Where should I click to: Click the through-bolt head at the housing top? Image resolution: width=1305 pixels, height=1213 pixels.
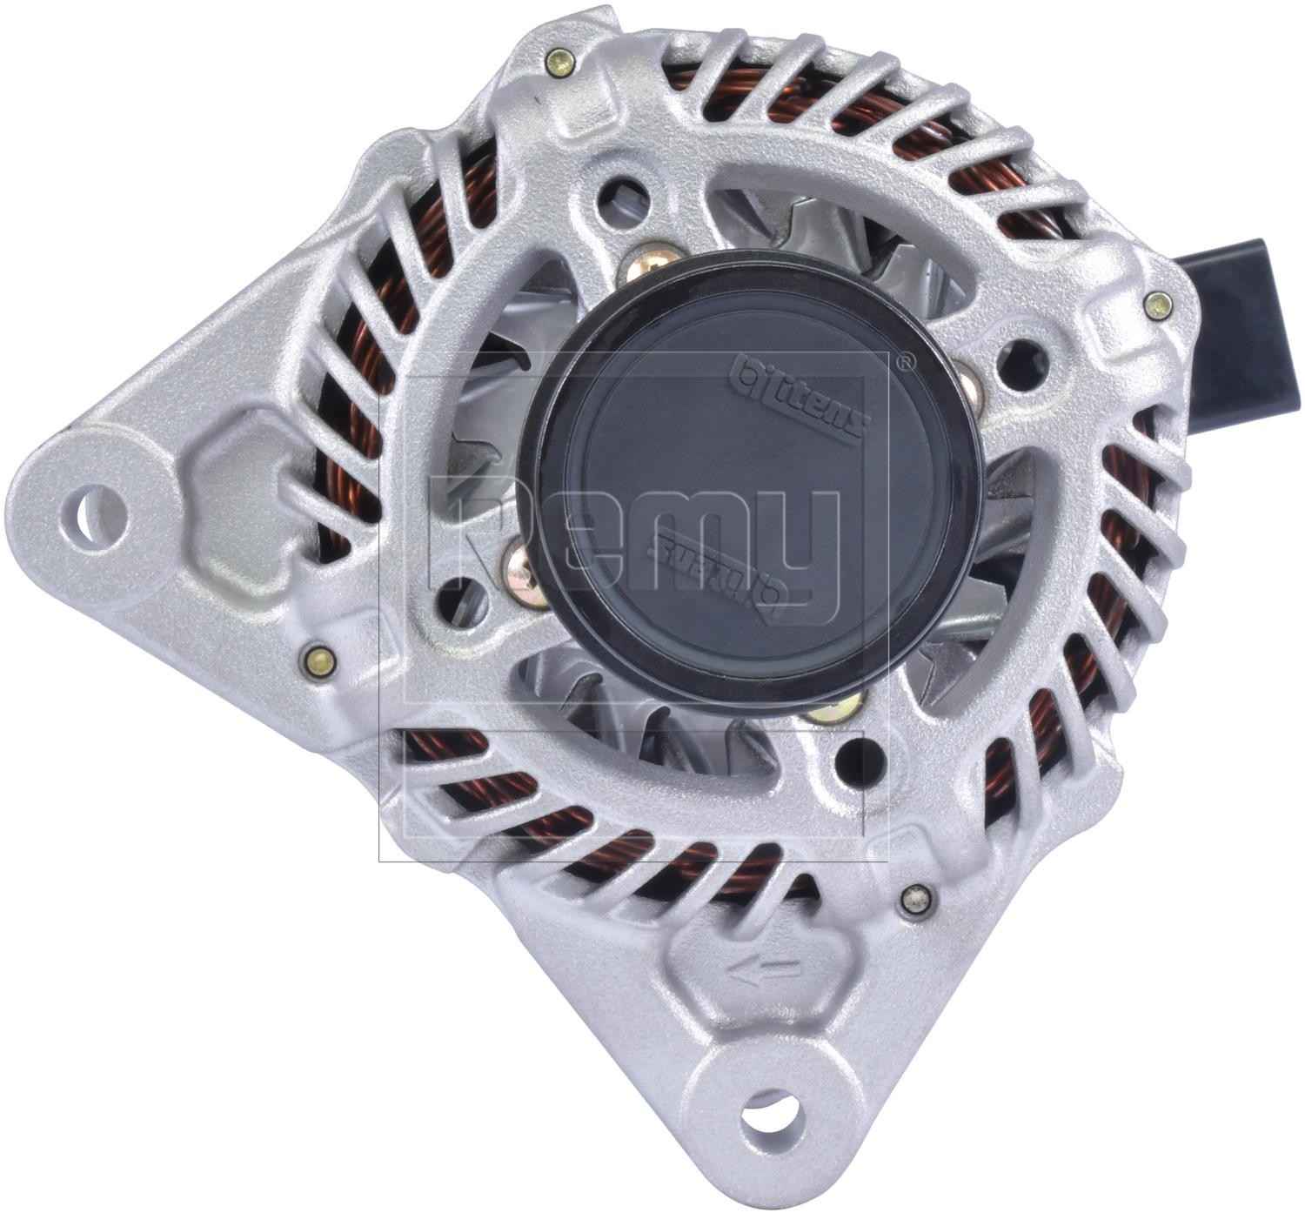click(x=559, y=62)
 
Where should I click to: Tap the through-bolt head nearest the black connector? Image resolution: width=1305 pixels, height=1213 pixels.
click(x=1157, y=303)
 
